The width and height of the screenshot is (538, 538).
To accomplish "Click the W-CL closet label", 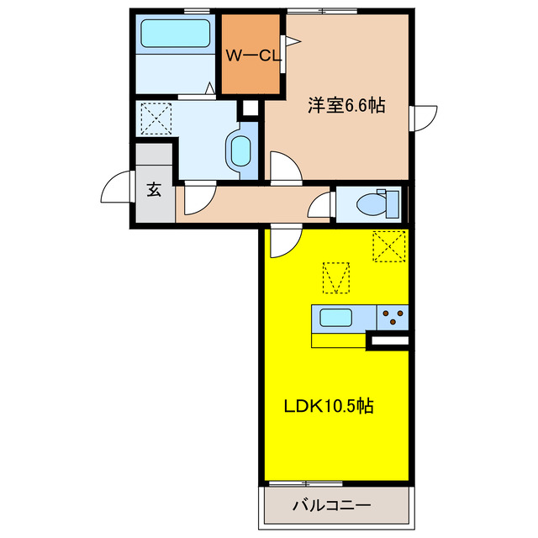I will [x=252, y=56].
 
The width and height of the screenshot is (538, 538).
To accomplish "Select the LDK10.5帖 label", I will [x=328, y=406].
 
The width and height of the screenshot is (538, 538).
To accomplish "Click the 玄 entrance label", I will [x=155, y=190].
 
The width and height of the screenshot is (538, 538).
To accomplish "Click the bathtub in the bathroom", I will [x=175, y=34].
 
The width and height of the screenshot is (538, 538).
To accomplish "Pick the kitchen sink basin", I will [x=335, y=319].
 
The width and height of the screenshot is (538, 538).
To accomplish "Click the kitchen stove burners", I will [x=392, y=318].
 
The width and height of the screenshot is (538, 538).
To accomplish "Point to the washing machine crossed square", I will [x=156, y=119].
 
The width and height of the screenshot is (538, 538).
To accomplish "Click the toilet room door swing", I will [x=321, y=205].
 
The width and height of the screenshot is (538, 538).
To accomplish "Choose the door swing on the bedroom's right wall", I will [x=424, y=118].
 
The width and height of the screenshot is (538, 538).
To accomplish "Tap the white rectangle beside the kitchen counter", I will [x=388, y=340].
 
